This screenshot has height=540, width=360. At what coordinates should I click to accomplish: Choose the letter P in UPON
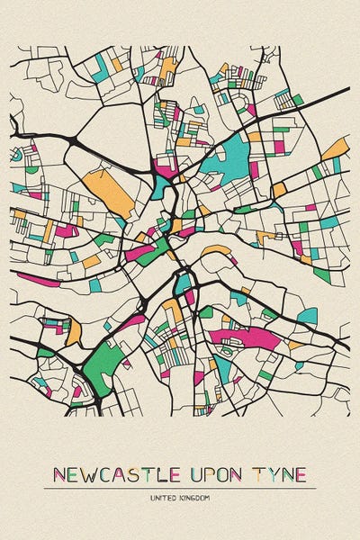coord(210,474)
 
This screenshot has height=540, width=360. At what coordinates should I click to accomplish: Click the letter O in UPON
coord(223,474)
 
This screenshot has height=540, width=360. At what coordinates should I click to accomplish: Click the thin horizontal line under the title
coord(180,488)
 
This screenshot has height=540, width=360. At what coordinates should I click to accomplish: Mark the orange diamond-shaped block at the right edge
coord(334,148)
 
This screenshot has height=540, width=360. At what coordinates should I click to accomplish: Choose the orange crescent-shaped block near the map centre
coord(216,250)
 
